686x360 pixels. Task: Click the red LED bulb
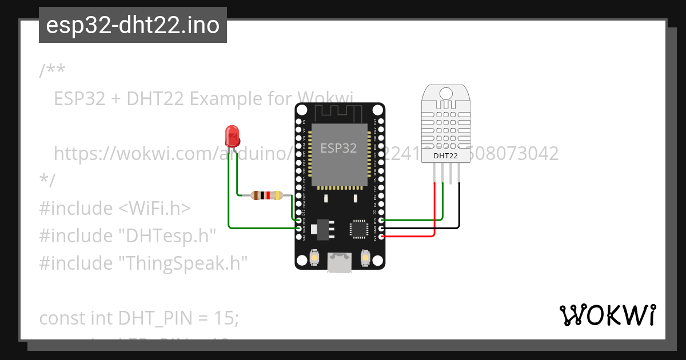(233, 136)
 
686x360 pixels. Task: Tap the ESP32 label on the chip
(338, 149)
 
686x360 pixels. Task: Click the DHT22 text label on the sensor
(446, 155)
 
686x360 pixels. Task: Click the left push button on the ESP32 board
(314, 258)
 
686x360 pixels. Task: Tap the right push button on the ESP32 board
(365, 258)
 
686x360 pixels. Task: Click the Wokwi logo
(607, 315)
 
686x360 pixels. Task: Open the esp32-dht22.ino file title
(133, 25)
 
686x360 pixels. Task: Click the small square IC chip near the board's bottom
(359, 229)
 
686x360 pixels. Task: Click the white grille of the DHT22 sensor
(446, 123)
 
